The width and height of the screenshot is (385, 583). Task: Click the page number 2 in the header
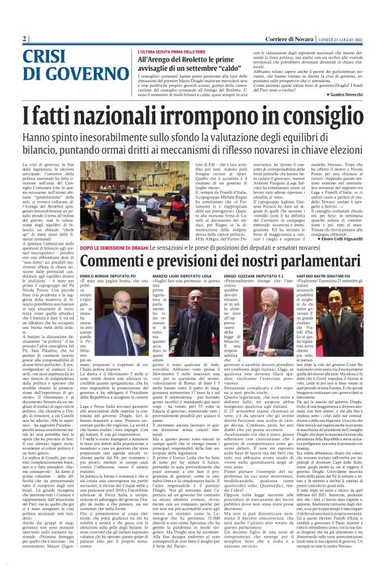coord(25,39)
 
